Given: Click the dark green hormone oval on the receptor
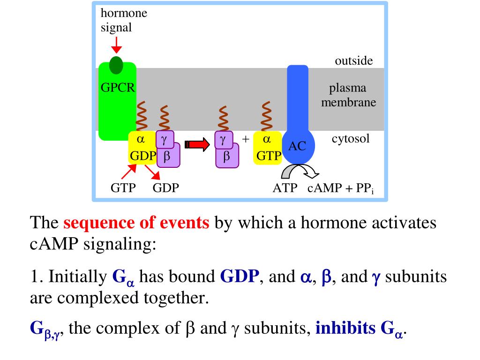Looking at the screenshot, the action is pos(116,65).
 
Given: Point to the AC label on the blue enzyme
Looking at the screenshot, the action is pos(297,146).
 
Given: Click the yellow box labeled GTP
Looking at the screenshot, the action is pos(267,148).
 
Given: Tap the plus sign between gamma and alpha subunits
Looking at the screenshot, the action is pos(245,139).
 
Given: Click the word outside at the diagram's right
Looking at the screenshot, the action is pos(353,61).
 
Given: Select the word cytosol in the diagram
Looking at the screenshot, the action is pos(351,139).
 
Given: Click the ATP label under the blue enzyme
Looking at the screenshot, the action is pos(285,188).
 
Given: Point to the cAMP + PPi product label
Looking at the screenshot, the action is pos(337,188).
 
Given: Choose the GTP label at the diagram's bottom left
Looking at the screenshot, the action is pos(123,188).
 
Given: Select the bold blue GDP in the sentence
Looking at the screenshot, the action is pos(240,277).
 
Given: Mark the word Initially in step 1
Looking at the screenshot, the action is pos(77,277).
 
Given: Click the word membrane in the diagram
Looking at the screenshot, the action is pos(348,102).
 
